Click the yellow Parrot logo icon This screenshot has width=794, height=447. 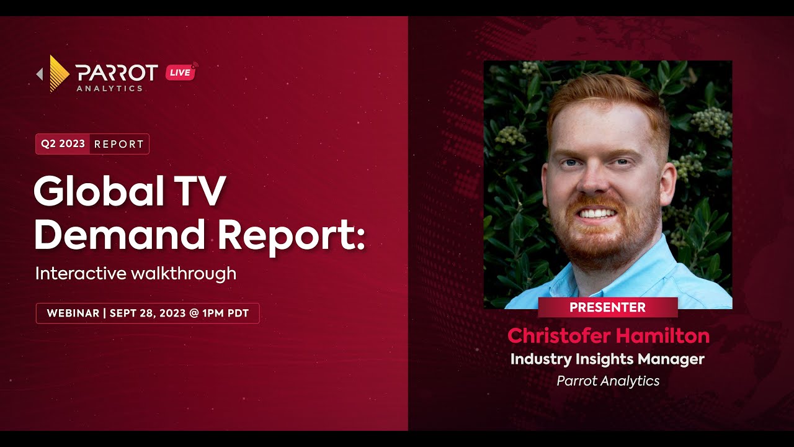(x=59, y=73)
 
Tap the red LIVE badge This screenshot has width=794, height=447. (x=181, y=72)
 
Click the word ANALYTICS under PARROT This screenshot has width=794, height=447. (x=109, y=89)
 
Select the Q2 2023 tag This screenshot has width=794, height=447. (x=63, y=143)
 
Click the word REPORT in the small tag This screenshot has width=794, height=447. (x=119, y=144)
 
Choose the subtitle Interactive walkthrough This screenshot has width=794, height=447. (x=135, y=273)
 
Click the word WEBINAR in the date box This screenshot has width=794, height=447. (x=73, y=313)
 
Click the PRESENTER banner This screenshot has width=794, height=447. (x=607, y=307)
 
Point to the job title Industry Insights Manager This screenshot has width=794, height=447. (x=607, y=359)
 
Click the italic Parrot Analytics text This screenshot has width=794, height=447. (x=608, y=381)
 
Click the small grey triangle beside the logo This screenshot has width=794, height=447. (x=40, y=74)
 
